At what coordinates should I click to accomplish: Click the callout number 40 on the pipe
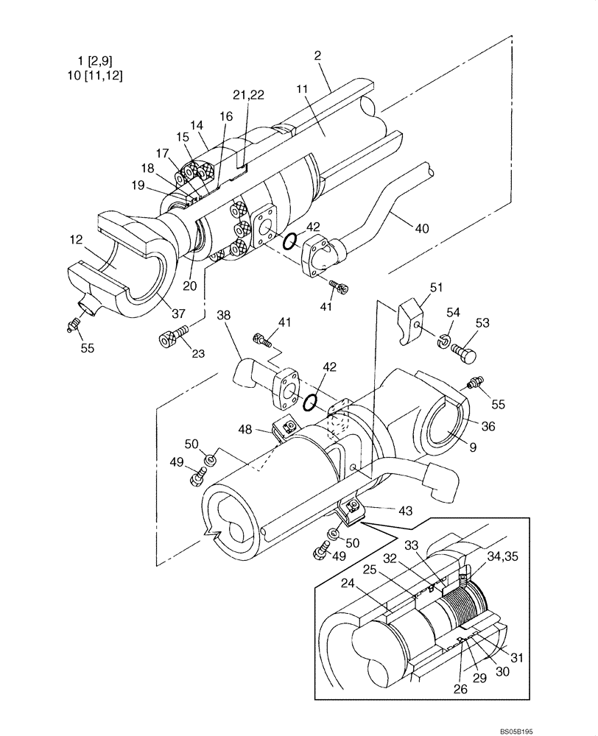[x=421, y=229]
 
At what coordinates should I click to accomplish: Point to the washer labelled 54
[x=444, y=339]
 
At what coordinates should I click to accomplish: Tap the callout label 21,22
[x=249, y=95]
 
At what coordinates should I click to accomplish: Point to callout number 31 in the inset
[x=517, y=658]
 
